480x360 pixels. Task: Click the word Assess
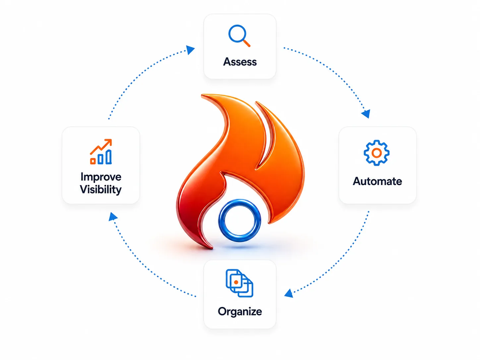coord(240,62)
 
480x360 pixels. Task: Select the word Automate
coord(377,181)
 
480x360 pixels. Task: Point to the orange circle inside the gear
coord(377,153)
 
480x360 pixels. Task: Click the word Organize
coord(240,312)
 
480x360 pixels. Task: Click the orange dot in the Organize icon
coord(236,282)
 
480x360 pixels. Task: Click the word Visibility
coord(100,190)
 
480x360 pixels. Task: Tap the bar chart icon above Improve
coord(101,152)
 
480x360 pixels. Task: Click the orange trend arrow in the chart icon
coord(101,147)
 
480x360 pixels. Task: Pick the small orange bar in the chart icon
coord(93,161)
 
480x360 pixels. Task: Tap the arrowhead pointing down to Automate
coord(366,114)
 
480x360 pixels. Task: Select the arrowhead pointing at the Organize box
coord(289,293)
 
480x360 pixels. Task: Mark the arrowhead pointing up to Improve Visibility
coord(113,216)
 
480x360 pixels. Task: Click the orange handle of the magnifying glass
coord(247,43)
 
